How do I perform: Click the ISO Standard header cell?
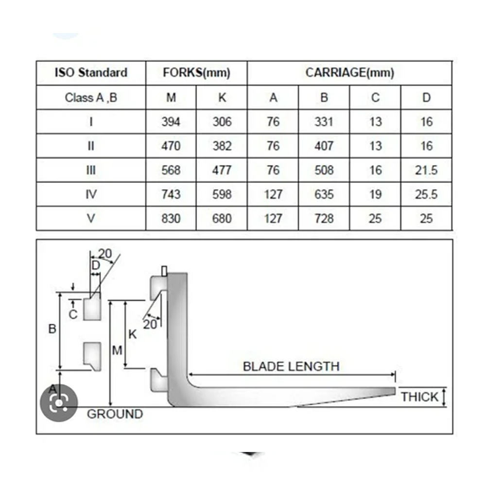91,72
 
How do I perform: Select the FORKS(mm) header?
196,73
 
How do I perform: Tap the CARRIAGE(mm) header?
349,73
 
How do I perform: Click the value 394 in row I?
171,122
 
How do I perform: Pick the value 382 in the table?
222,146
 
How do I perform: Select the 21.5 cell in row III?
426,170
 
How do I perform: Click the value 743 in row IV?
171,194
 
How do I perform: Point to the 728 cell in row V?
324,219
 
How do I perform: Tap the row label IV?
91,194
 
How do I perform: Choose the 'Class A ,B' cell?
91,98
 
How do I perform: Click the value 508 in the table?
324,170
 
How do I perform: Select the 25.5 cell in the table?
426,194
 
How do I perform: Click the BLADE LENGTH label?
291,366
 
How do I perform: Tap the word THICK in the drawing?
420,397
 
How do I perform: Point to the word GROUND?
115,414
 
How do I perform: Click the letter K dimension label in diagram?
132,334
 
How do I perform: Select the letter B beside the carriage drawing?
52,329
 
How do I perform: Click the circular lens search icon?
59,403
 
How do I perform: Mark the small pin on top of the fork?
164,271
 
